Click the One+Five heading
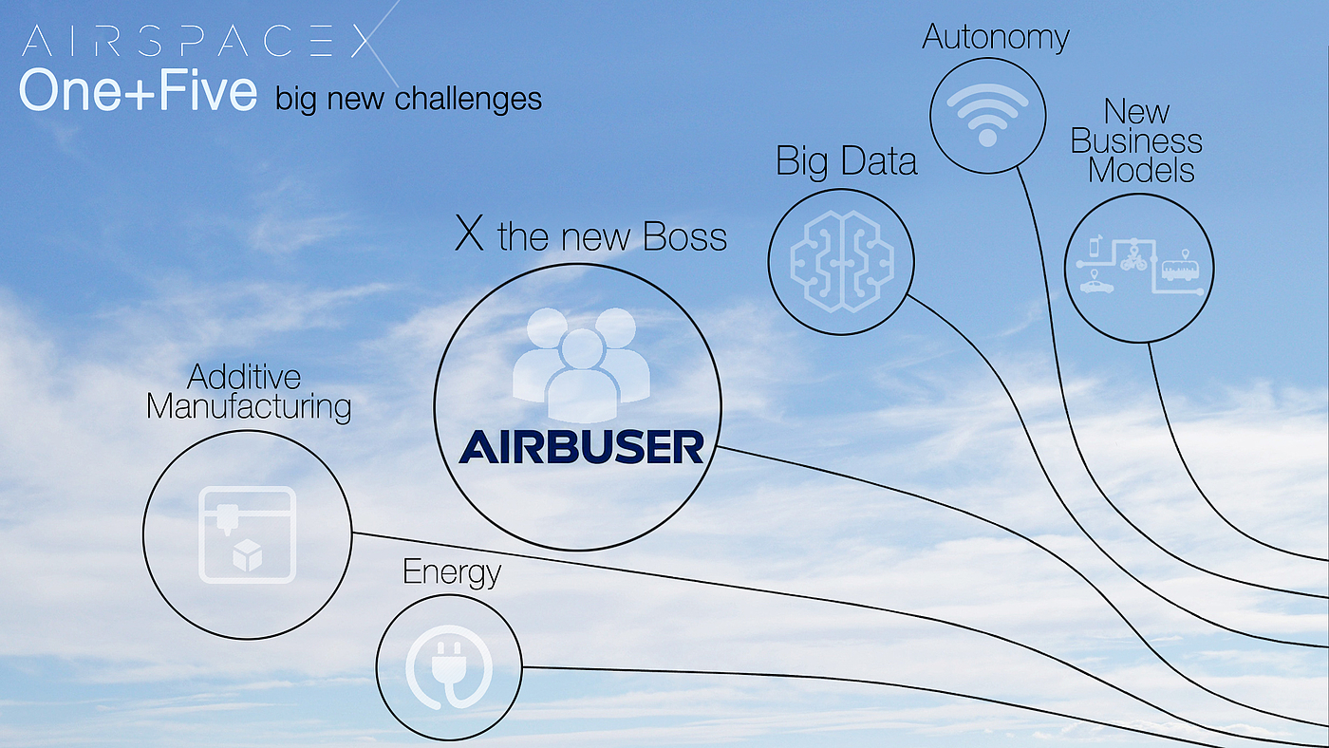click(x=139, y=89)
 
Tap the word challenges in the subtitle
click(x=467, y=99)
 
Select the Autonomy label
click(x=995, y=38)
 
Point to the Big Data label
click(x=846, y=160)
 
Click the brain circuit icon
click(x=841, y=262)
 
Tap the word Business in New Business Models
click(x=1136, y=141)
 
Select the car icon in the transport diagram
click(x=1096, y=287)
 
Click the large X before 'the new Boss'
click(x=469, y=234)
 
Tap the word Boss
click(x=684, y=236)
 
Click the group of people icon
click(x=581, y=365)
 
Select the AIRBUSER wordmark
click(x=581, y=447)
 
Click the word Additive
click(x=244, y=377)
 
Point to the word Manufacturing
click(x=249, y=407)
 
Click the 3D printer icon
click(x=248, y=535)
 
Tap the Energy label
click(x=452, y=572)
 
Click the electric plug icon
click(x=449, y=666)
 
